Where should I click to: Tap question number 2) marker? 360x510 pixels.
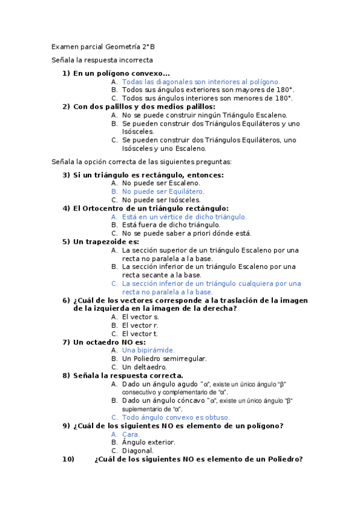click(x=66, y=106)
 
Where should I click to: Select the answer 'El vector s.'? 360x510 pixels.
click(x=141, y=316)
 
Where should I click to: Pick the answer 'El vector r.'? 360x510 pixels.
click(x=140, y=325)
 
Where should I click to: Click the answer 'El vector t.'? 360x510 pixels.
click(x=140, y=333)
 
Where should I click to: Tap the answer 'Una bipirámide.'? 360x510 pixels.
click(x=148, y=350)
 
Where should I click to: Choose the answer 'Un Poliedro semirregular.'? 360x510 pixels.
click(x=164, y=358)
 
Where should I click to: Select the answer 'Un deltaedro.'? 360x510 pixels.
click(x=144, y=367)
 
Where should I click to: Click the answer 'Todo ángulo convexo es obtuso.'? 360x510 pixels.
click(x=175, y=417)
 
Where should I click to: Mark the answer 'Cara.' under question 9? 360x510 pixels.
click(x=131, y=434)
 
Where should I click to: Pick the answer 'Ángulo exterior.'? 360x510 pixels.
click(x=148, y=442)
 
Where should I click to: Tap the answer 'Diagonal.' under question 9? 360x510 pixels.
click(x=138, y=450)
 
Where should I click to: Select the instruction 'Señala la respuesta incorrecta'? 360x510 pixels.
click(x=102, y=60)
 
